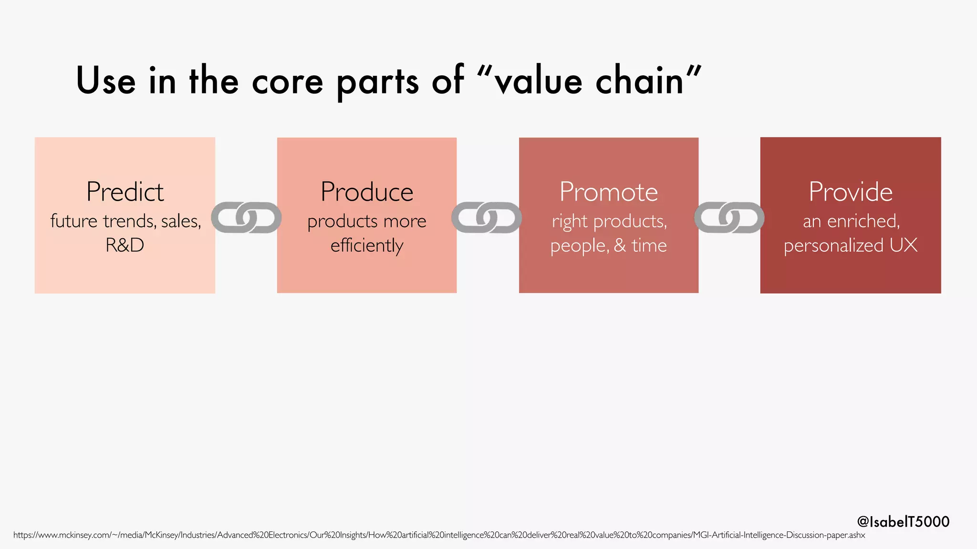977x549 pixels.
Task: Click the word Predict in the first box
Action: [x=125, y=192]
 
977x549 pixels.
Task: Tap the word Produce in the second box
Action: [x=367, y=192]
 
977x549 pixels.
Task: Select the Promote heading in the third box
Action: [x=609, y=192]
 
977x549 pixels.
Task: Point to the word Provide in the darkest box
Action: [x=851, y=192]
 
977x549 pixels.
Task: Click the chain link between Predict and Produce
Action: [x=246, y=217]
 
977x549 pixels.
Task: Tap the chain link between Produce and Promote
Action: [x=487, y=217]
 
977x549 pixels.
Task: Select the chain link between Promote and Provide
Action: [x=729, y=217]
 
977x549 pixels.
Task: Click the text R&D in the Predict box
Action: [x=125, y=245]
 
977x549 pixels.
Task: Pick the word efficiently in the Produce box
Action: [x=367, y=246]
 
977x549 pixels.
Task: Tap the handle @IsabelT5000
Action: [x=903, y=521]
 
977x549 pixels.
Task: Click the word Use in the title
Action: [x=106, y=81]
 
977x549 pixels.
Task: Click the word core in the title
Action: [x=287, y=81]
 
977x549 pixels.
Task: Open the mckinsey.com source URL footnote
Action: [x=439, y=535]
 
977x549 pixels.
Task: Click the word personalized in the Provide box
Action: [x=833, y=246]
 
